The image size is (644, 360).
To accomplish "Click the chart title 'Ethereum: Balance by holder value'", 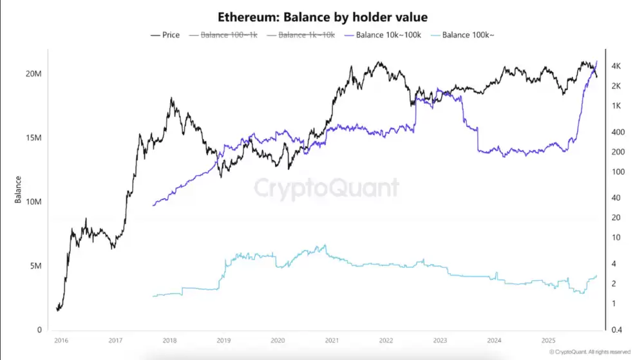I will click(x=322, y=17).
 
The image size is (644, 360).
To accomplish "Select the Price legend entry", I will click(x=165, y=35).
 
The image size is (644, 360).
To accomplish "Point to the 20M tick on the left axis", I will click(x=33, y=74).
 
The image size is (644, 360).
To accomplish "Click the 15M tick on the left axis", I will click(x=33, y=138).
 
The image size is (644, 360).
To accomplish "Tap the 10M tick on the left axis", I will click(x=33, y=202).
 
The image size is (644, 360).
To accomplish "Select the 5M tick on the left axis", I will click(x=35, y=266).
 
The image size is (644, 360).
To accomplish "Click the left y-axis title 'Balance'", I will click(x=18, y=189).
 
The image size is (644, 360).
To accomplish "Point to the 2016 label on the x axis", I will click(x=61, y=340).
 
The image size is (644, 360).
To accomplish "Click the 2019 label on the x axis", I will click(x=223, y=340).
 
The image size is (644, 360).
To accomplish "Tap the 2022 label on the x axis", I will click(x=386, y=340).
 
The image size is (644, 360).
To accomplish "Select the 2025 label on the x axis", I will click(x=549, y=340).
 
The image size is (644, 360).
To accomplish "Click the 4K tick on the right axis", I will click(x=616, y=66).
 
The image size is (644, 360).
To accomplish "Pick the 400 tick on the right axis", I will click(x=616, y=132).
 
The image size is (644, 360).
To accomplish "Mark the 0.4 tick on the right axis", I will click(x=616, y=330).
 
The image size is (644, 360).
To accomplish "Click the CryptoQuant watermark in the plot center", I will click(x=326, y=188).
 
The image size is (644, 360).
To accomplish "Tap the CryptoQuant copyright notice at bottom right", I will click(x=589, y=352).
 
